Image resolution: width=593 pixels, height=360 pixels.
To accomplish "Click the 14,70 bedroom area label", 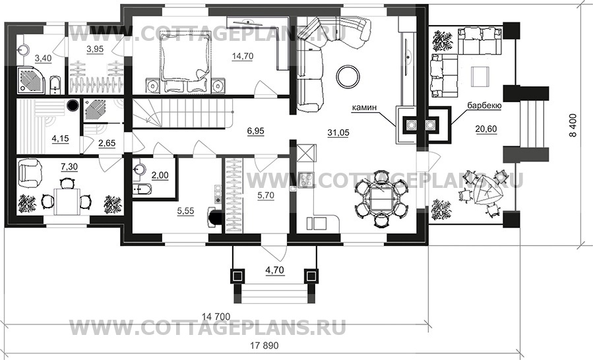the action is click(x=243, y=56).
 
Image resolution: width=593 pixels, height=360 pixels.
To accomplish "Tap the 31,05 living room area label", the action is click(x=338, y=133).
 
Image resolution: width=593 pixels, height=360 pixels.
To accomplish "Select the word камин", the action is click(x=364, y=107).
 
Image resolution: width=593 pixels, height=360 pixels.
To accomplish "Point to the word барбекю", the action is click(x=484, y=106).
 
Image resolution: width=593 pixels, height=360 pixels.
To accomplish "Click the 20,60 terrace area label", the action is click(x=486, y=129).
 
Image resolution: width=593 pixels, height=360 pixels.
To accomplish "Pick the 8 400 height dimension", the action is click(x=574, y=125).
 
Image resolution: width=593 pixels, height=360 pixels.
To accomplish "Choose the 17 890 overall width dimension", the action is click(x=265, y=345).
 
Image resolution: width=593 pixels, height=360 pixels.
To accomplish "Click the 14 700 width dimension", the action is click(x=216, y=316).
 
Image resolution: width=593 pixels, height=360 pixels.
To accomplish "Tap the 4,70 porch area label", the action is click(x=275, y=270).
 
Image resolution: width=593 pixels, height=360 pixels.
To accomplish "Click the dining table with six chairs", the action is click(x=382, y=198).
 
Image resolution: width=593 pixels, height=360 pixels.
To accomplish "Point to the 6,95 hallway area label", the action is click(x=256, y=132).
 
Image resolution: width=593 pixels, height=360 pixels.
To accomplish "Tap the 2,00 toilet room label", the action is click(x=160, y=176).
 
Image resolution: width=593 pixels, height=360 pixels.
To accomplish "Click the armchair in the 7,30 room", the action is click(x=30, y=172).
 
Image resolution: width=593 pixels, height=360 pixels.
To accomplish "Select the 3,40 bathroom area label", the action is click(x=43, y=58).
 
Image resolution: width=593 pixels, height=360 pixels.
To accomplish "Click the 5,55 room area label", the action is click(x=186, y=211).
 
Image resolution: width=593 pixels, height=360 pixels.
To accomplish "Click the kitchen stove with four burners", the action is click(x=305, y=180).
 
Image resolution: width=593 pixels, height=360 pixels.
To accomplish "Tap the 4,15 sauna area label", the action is click(x=60, y=138).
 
